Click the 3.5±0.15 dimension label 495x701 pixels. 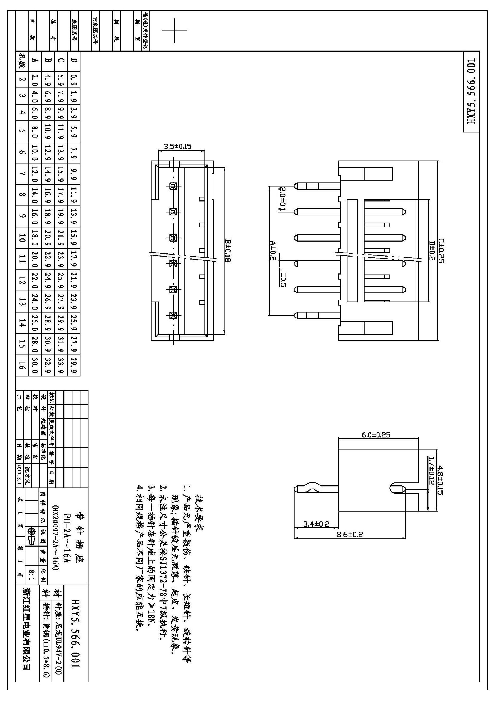tap(177, 147)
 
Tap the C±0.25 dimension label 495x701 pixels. tap(441, 250)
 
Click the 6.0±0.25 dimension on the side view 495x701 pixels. tap(376, 435)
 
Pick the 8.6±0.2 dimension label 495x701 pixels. tap(350, 535)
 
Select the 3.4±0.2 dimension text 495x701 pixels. tap(316, 524)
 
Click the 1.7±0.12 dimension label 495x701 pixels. tap(431, 470)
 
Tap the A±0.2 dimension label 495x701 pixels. tap(273, 251)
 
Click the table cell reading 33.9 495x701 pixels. tap(60, 365)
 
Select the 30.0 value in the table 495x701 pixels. tap(34, 365)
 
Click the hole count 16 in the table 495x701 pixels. tap(21, 365)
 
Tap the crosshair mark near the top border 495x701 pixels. tap(175, 31)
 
